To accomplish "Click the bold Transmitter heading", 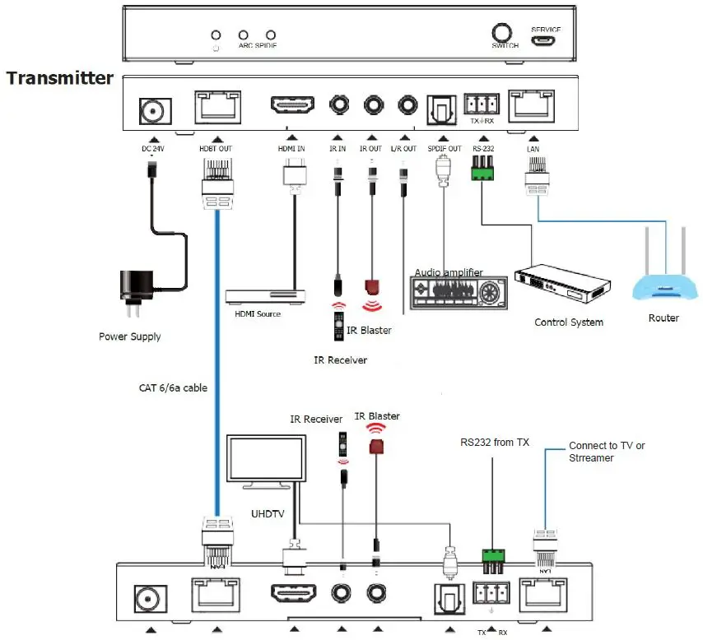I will [x=59, y=78].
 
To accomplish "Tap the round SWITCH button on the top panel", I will [x=504, y=33].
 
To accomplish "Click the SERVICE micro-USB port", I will [x=545, y=40].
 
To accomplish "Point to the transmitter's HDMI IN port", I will [x=291, y=106].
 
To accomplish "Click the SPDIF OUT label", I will [x=443, y=148].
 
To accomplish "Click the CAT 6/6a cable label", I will [x=171, y=387].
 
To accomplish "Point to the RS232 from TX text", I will [x=494, y=443].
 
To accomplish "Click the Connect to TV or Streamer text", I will [x=607, y=452].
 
